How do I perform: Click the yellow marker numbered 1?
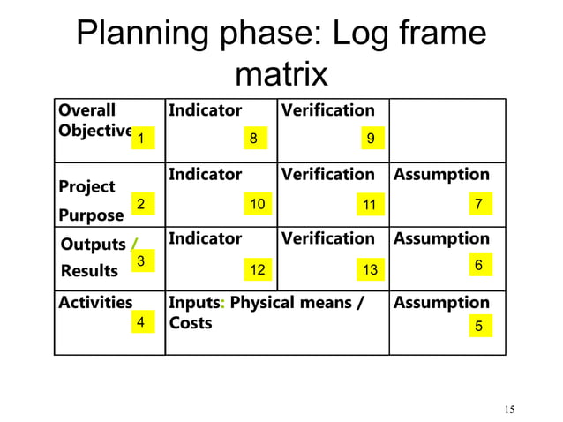pos(141,139)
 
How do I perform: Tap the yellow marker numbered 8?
pos(253,139)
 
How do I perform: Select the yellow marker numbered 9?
pos(371,139)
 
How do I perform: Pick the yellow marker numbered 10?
pos(257,204)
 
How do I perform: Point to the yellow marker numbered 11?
pos(370,205)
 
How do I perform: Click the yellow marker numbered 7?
pos(478,204)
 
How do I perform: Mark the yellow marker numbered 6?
pos(478,265)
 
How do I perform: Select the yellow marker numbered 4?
pos(139,323)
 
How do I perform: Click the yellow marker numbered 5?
pos(478,326)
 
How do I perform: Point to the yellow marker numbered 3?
pos(139,260)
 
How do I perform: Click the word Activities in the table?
pos(95,303)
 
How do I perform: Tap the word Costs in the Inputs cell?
pos(191,323)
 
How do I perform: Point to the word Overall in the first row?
pos(86,111)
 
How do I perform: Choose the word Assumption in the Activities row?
pos(441,303)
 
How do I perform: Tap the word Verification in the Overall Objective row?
pos(327,110)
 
